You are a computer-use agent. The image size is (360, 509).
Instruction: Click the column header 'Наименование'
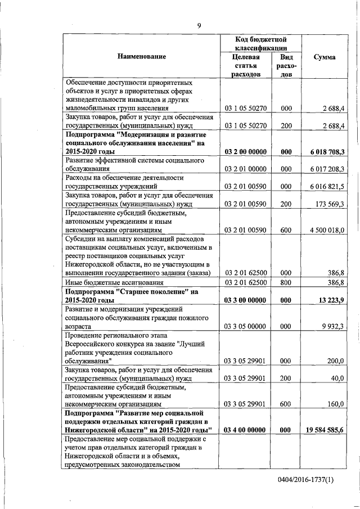(142, 57)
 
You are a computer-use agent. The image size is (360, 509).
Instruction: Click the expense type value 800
(286, 282)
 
